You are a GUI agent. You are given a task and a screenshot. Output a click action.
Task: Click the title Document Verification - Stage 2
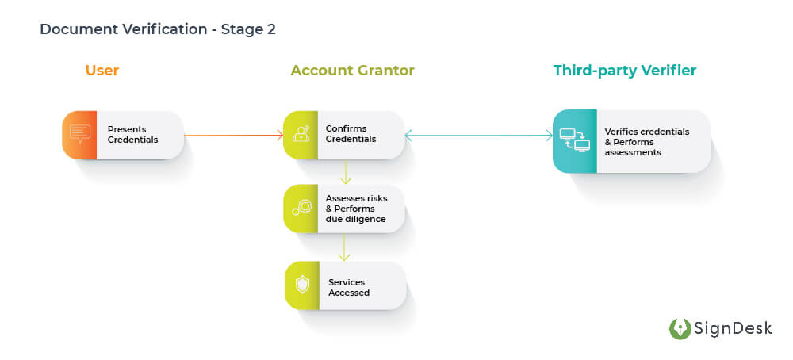tap(157, 29)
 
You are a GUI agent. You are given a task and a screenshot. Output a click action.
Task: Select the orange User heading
tap(102, 71)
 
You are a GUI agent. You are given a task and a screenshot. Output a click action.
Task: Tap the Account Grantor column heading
tap(352, 71)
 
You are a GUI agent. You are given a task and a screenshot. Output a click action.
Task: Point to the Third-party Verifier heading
tap(624, 71)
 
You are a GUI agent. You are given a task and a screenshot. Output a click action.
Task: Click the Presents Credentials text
tap(132, 134)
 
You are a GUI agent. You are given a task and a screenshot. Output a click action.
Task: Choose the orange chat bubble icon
tap(80, 135)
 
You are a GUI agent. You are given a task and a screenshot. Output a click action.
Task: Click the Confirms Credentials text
tap(351, 134)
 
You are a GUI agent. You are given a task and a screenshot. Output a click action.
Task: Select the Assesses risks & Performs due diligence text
tap(355, 209)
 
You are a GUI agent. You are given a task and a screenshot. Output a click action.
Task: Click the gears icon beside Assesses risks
tap(301, 209)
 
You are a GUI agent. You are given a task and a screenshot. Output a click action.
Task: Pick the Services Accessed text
tap(349, 287)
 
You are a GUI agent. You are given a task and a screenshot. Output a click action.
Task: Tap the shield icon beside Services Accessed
tap(302, 285)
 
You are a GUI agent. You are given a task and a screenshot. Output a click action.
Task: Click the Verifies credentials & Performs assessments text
tap(646, 141)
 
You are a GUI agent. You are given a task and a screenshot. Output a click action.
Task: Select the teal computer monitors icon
tap(574, 140)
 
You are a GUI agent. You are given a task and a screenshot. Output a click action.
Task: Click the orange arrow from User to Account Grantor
tap(233, 136)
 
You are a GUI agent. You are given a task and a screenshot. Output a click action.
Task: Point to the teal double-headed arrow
tap(478, 136)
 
